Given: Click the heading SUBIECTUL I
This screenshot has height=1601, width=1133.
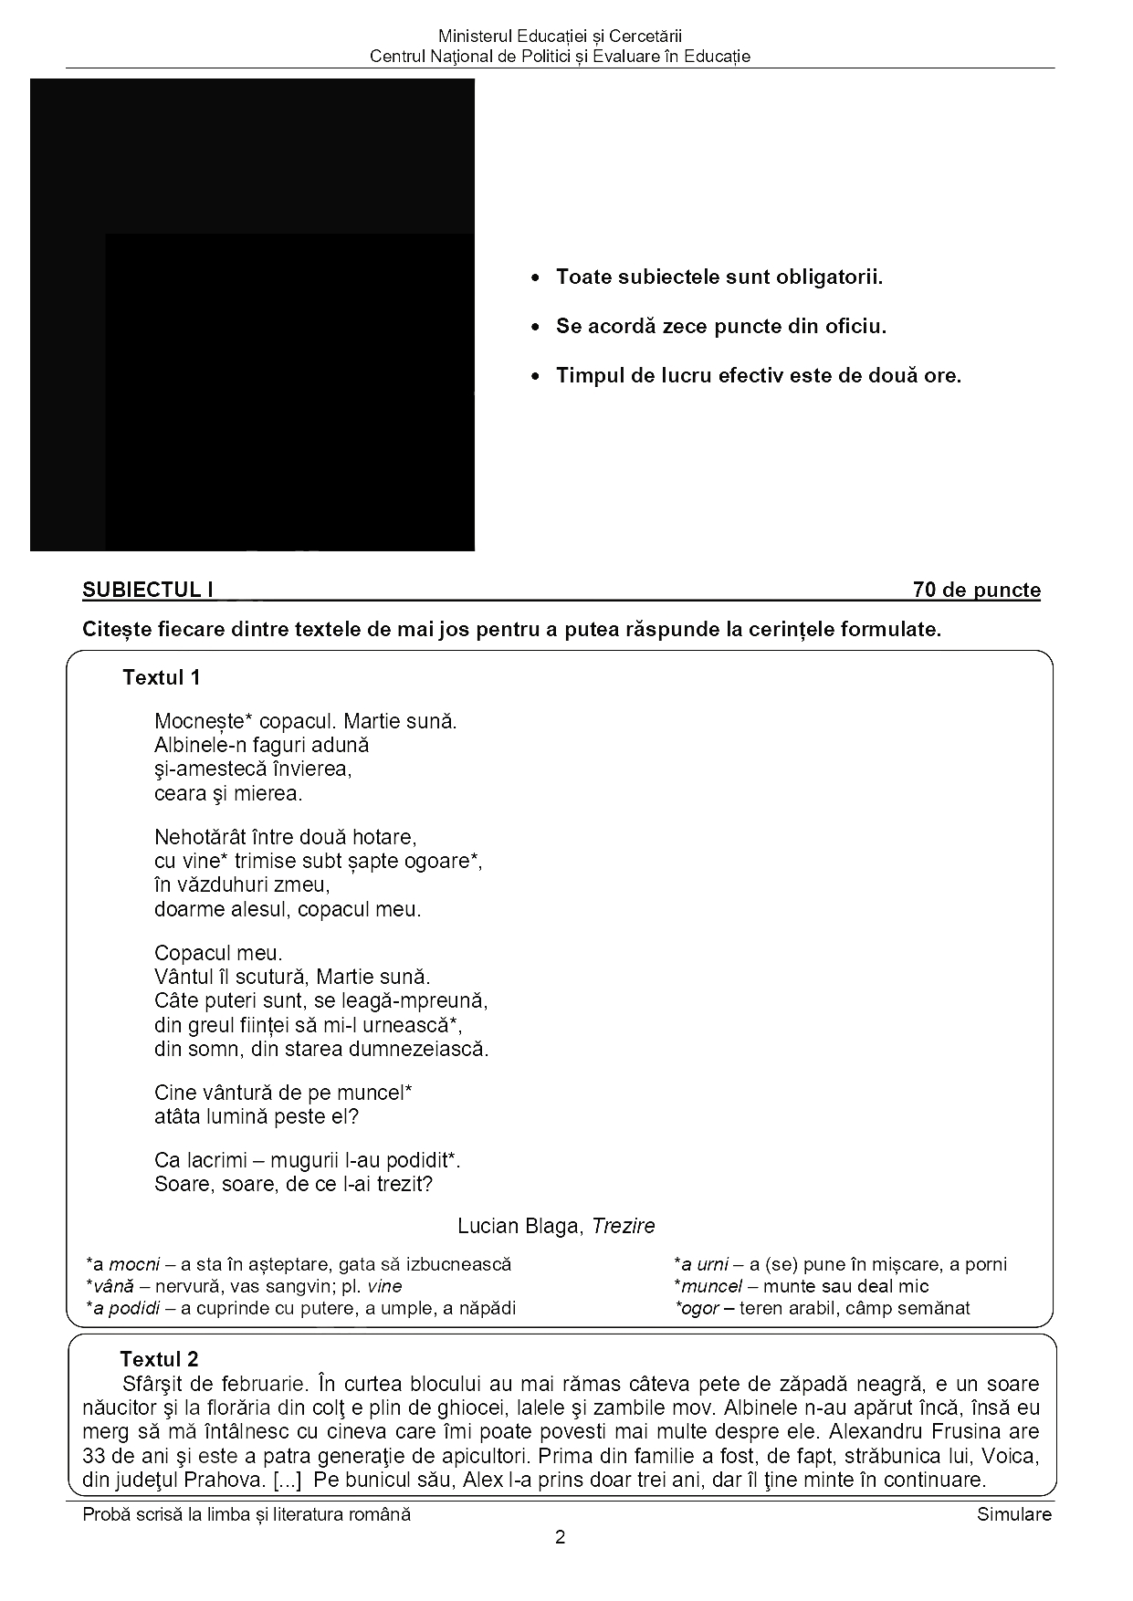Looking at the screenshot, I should (x=148, y=590).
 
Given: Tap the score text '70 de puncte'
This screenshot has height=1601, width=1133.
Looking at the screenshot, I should (x=976, y=590).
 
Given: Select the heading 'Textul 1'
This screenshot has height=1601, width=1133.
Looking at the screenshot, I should (x=161, y=677).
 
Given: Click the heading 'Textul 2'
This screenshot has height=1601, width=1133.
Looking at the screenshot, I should (x=159, y=1359).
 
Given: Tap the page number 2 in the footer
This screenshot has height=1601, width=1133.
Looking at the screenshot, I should (x=560, y=1537).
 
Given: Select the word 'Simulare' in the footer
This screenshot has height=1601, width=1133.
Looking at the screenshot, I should (x=1013, y=1514).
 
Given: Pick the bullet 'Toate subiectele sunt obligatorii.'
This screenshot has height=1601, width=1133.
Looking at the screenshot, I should (x=719, y=277).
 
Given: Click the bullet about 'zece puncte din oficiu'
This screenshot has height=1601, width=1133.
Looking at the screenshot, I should (x=720, y=326).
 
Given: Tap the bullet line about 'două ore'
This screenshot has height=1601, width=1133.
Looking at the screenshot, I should (x=758, y=375).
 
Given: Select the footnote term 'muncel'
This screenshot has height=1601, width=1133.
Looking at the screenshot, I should (x=713, y=1286).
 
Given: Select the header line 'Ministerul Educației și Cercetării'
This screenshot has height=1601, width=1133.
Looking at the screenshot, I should (x=560, y=37).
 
